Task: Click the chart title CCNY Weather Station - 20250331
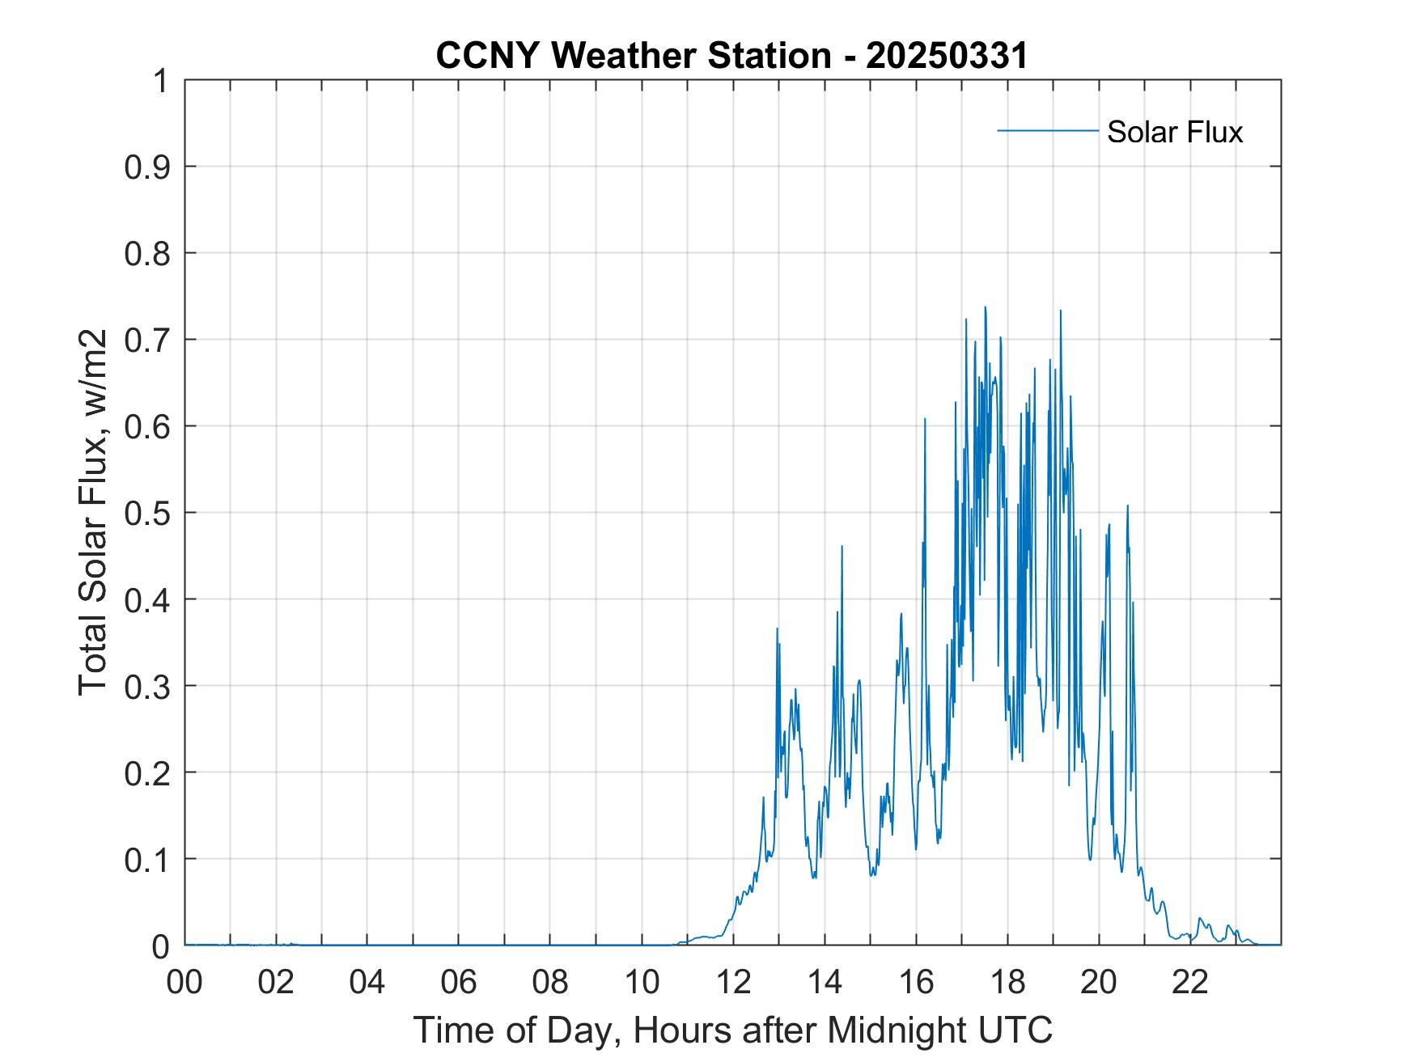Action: pos(731,56)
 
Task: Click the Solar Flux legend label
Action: pos(1174,132)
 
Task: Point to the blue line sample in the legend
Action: pos(1047,130)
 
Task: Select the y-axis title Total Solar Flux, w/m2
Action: pos(93,512)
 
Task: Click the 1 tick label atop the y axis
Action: pos(162,81)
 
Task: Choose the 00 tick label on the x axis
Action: pos(185,982)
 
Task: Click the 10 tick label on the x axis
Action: pos(642,982)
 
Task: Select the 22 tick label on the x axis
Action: pos(1190,982)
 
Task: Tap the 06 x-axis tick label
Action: pos(460,982)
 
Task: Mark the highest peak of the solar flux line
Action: pos(985,307)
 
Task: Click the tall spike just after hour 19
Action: pos(1060,311)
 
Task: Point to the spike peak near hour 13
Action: pos(777,628)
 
